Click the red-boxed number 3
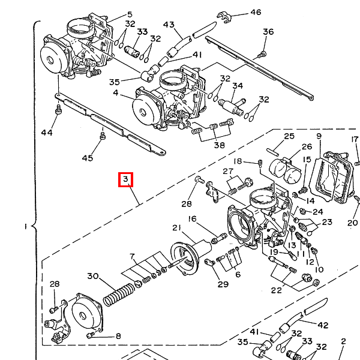tap(125, 179)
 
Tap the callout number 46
tap(256, 12)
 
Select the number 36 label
tap(268, 32)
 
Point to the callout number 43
tap(169, 25)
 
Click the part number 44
tap(47, 132)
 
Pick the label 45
tap(88, 158)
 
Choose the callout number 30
tap(92, 276)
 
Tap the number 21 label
tap(176, 227)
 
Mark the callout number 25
tap(289, 137)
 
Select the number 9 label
tap(319, 137)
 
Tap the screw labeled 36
tap(261, 54)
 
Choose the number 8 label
tap(118, 336)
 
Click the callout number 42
tap(323, 325)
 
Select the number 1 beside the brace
tap(25, 227)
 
